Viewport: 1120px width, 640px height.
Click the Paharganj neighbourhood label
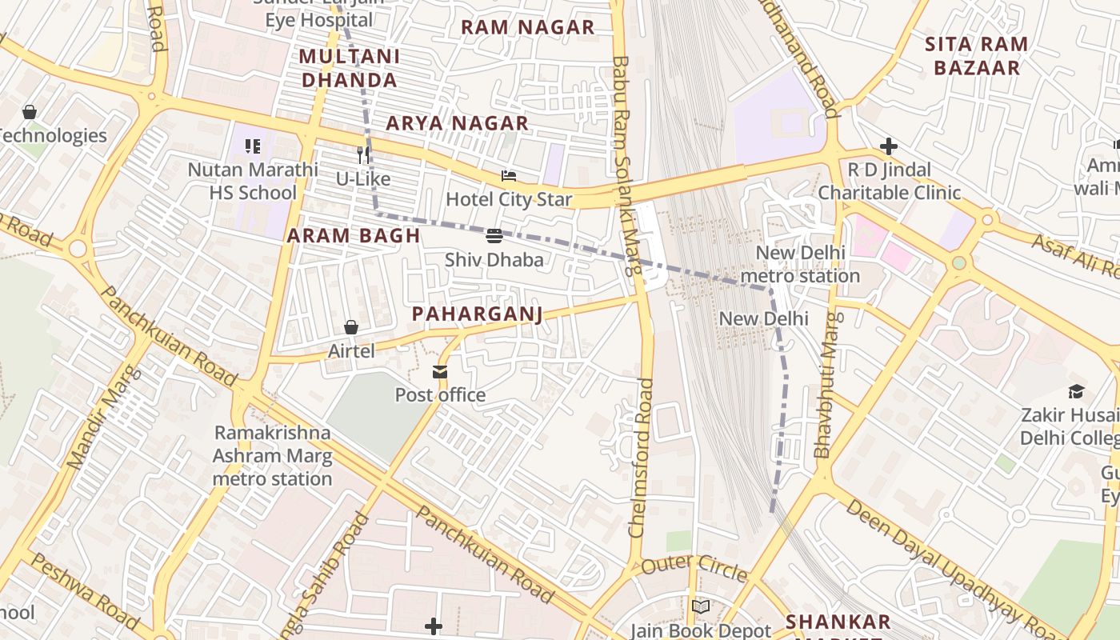pos(477,314)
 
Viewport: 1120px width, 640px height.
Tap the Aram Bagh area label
pos(353,235)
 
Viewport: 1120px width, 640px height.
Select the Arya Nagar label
pos(457,123)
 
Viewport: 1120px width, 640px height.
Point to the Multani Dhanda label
pos(349,68)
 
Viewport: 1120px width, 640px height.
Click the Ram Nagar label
pos(527,27)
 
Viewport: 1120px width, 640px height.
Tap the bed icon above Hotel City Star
pos(509,176)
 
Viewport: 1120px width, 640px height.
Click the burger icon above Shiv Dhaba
pos(494,236)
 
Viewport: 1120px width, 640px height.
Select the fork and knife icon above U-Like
pos(363,154)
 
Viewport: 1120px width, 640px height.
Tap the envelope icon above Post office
pos(440,372)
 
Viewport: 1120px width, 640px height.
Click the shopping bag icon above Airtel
pos(350,327)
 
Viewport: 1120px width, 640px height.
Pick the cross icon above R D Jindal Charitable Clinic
pos(888,146)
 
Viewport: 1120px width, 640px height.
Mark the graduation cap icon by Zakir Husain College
pos(1076,391)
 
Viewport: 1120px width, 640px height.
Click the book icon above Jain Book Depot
pos(701,607)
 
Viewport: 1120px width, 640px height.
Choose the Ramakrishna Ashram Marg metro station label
pos(272,456)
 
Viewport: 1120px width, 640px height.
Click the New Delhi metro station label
pos(799,265)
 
